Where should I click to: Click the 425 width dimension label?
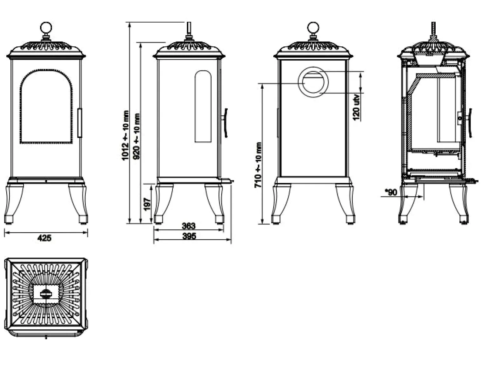(44, 238)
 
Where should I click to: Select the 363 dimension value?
(189, 226)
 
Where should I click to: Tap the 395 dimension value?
(189, 236)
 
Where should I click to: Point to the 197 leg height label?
(147, 204)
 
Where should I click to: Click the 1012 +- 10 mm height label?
(125, 136)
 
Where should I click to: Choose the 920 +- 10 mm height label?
(136, 136)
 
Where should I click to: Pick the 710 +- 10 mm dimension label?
(258, 165)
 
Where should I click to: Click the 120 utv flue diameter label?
(357, 107)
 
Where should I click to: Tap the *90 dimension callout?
(391, 192)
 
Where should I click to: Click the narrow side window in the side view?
(195, 107)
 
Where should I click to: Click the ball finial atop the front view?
(46, 28)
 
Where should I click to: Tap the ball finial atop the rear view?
(313, 28)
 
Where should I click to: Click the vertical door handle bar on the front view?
(79, 123)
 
